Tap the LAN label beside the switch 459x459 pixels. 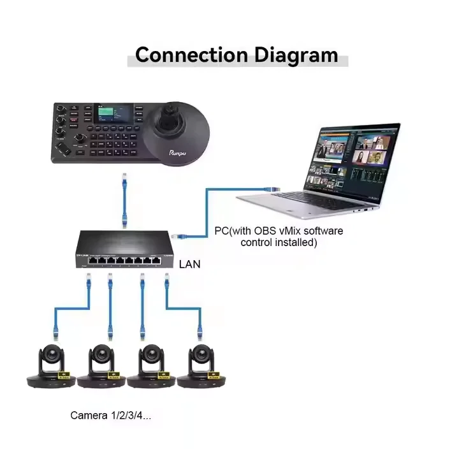189,263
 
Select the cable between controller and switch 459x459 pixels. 126,201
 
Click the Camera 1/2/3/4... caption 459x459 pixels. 110,416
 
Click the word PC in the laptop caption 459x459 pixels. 221,230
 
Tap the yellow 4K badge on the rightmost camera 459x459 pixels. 214,374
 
